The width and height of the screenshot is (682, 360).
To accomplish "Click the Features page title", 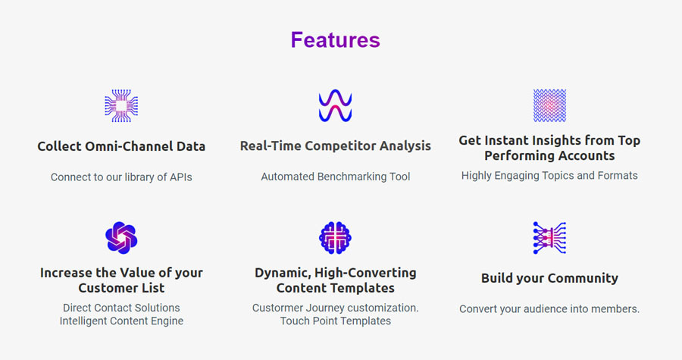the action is tap(336, 39).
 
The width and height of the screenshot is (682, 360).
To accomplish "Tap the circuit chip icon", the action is tap(121, 105).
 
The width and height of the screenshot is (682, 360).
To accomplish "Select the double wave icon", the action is tap(336, 105).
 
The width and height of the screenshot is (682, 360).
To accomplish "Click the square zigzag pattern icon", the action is tap(550, 105).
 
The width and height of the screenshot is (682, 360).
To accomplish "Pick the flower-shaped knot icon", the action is tap(121, 238).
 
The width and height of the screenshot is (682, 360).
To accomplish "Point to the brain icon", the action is tap(336, 238).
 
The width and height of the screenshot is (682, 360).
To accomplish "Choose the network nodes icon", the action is tap(550, 238).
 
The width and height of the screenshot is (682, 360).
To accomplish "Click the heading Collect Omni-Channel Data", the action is tap(121, 146).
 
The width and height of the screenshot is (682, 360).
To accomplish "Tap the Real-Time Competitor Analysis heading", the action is tap(336, 146).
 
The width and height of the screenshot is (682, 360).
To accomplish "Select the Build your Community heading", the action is tap(550, 278).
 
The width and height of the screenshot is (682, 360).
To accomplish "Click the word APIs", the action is tap(181, 177).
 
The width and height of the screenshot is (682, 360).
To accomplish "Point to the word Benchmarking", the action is tap(352, 177).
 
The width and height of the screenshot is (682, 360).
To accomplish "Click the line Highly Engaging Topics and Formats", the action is tap(550, 176).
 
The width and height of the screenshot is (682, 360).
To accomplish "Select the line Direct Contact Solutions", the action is tap(121, 308).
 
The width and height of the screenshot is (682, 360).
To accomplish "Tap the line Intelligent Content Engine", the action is tap(121, 321).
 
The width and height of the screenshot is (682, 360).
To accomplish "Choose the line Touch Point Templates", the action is tap(336, 321).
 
